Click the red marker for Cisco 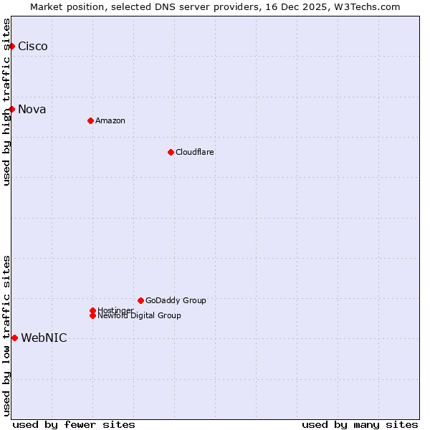click(x=11, y=47)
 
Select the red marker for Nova click(x=11, y=109)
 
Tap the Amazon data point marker click(x=90, y=120)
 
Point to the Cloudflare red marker click(x=171, y=152)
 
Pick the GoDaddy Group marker click(x=140, y=300)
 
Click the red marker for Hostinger click(x=92, y=310)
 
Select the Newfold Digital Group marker click(x=92, y=315)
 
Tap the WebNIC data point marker click(x=14, y=338)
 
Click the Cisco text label click(x=33, y=47)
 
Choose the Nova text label click(x=32, y=109)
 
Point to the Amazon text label click(x=110, y=120)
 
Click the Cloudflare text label click(x=195, y=152)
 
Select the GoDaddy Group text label click(x=176, y=300)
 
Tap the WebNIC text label click(x=44, y=338)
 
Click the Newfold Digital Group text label click(x=140, y=316)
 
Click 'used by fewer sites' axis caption click(x=74, y=424)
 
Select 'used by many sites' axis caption click(x=360, y=424)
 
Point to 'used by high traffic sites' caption click(x=7, y=102)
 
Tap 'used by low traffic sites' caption click(x=7, y=335)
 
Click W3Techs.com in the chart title click(x=365, y=6)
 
